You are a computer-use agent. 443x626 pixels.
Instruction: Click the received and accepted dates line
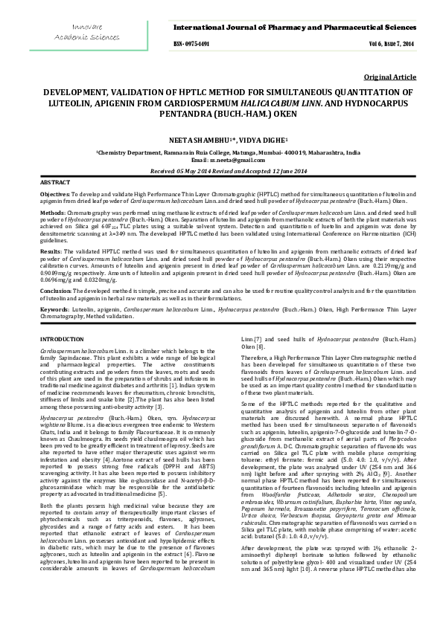(x=221, y=170)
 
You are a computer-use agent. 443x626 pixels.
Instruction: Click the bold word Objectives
(x=54, y=193)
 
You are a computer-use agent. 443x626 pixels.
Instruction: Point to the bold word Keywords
(x=54, y=309)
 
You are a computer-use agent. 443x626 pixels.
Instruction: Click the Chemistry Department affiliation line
(x=221, y=151)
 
